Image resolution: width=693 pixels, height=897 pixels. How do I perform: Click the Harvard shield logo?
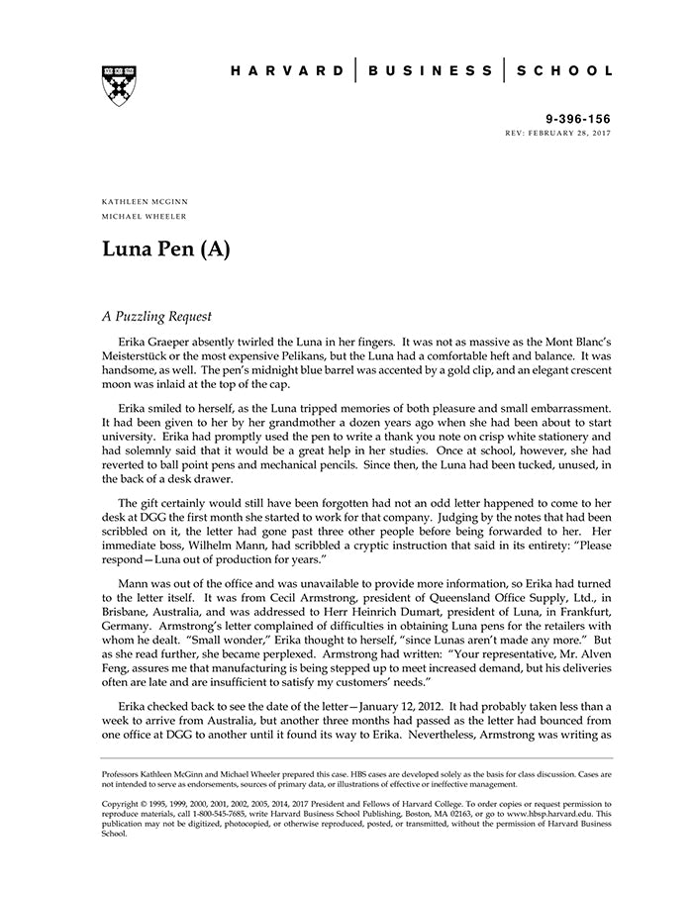click(x=120, y=84)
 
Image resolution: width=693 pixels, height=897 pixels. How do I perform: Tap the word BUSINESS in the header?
click(x=431, y=71)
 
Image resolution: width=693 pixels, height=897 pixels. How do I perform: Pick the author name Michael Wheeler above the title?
click(x=145, y=216)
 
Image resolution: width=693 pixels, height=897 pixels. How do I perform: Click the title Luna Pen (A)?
click(x=165, y=249)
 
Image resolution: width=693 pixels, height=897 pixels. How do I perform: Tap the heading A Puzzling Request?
click(x=156, y=318)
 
